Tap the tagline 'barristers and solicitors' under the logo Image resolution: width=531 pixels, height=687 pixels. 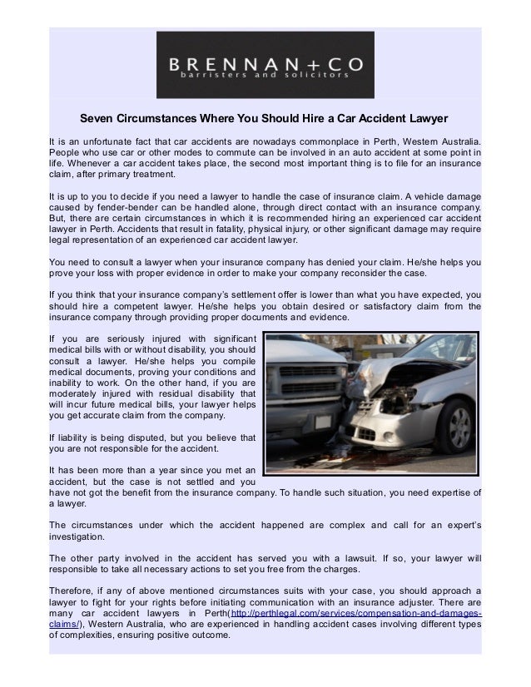[265, 74]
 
